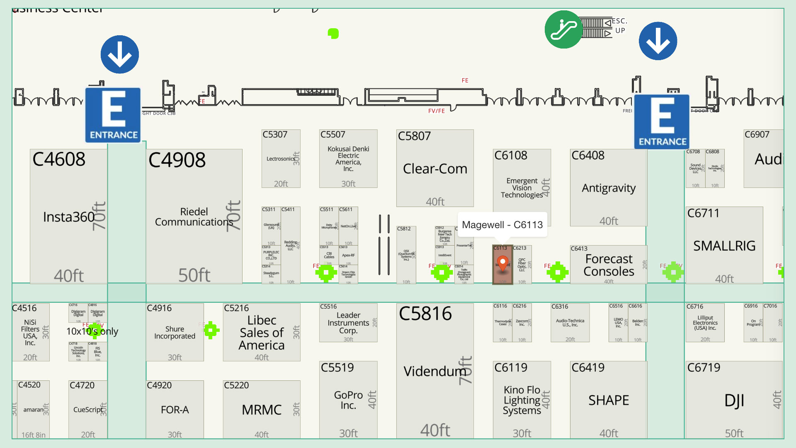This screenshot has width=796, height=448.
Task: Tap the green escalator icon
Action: tap(563, 29)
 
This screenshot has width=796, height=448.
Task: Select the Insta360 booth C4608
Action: tap(69, 217)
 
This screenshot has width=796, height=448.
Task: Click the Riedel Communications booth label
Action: tap(194, 217)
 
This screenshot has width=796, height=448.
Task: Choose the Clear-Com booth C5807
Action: tap(435, 168)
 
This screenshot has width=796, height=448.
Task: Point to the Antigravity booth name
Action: tap(608, 188)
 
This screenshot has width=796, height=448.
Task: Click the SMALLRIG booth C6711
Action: tap(724, 246)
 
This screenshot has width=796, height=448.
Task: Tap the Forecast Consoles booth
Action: tap(609, 265)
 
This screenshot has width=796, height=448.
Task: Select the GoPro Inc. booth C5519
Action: tap(348, 400)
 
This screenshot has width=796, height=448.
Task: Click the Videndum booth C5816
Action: tap(434, 371)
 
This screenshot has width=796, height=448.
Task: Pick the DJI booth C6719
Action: tap(734, 400)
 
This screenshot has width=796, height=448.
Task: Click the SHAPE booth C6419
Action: tap(608, 400)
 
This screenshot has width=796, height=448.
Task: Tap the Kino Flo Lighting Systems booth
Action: tap(522, 400)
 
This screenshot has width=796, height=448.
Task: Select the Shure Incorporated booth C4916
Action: tap(175, 332)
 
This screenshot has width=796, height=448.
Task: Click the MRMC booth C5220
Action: tap(261, 409)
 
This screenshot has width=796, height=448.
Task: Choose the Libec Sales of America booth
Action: tap(261, 332)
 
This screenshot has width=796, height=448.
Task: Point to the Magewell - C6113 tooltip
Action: tap(502, 225)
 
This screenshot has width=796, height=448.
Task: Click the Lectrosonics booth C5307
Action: tap(281, 159)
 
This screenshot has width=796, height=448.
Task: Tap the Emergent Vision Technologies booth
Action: tap(522, 187)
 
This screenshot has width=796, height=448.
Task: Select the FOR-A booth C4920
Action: tap(175, 409)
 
